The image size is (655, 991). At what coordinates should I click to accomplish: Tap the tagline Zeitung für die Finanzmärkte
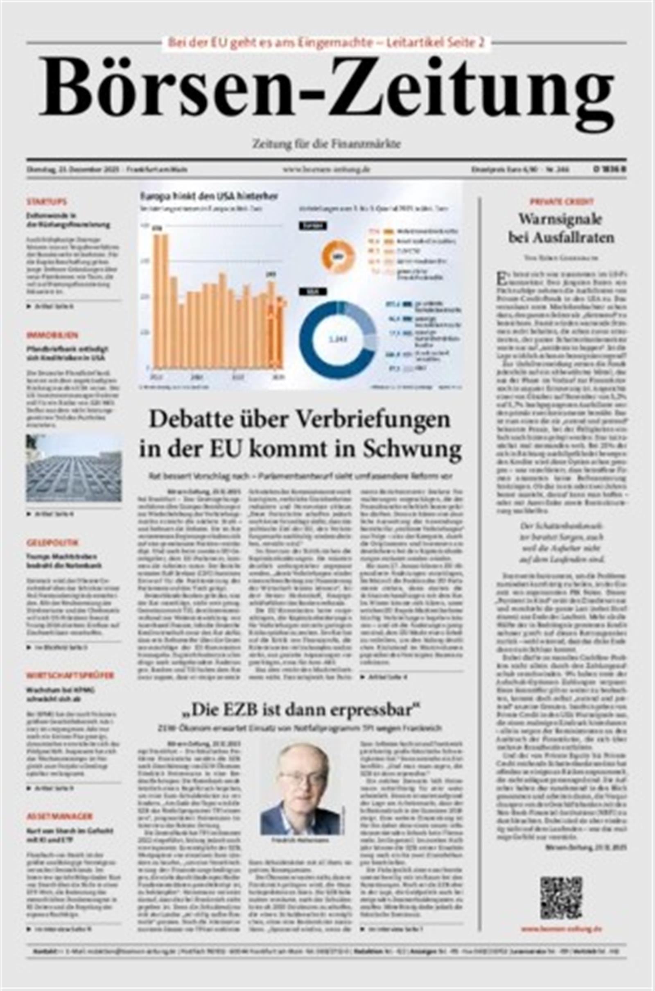point(326,144)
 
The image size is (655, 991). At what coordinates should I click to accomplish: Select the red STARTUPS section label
point(47,202)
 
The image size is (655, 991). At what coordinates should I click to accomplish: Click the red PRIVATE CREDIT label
point(561,202)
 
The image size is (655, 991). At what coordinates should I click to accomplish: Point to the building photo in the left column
point(74,468)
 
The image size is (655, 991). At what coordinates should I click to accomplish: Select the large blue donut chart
point(337,339)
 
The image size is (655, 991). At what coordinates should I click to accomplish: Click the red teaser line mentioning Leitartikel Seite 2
point(326,43)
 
